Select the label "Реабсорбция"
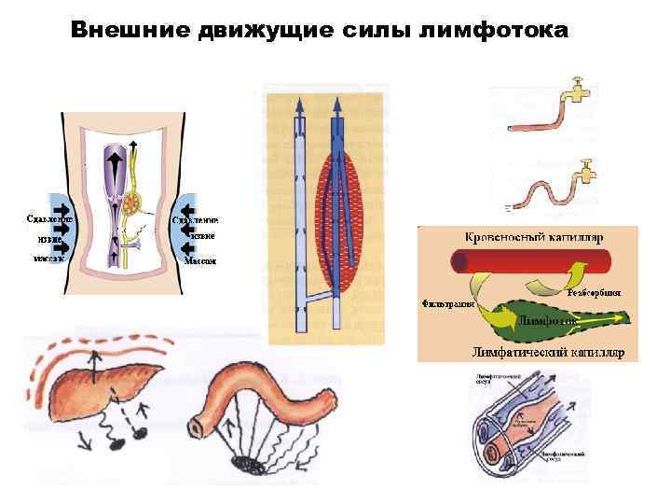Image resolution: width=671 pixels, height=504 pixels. pyautogui.click(x=594, y=292)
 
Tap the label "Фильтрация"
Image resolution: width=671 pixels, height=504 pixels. pyautogui.click(x=448, y=303)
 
